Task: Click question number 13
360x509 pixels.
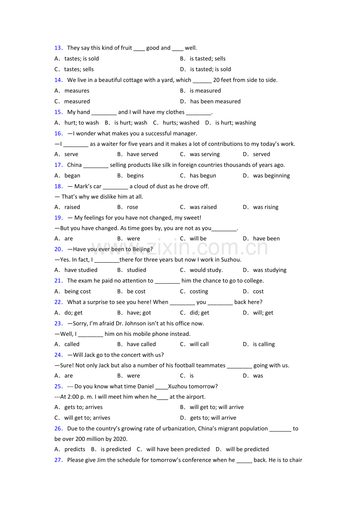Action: pos(58,48)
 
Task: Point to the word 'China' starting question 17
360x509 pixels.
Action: pos(74,165)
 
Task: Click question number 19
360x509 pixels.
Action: pos(58,218)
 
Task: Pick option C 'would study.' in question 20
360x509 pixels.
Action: pos(206,270)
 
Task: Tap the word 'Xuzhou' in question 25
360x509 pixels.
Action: pos(178,387)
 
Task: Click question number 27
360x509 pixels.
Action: pos(58,460)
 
